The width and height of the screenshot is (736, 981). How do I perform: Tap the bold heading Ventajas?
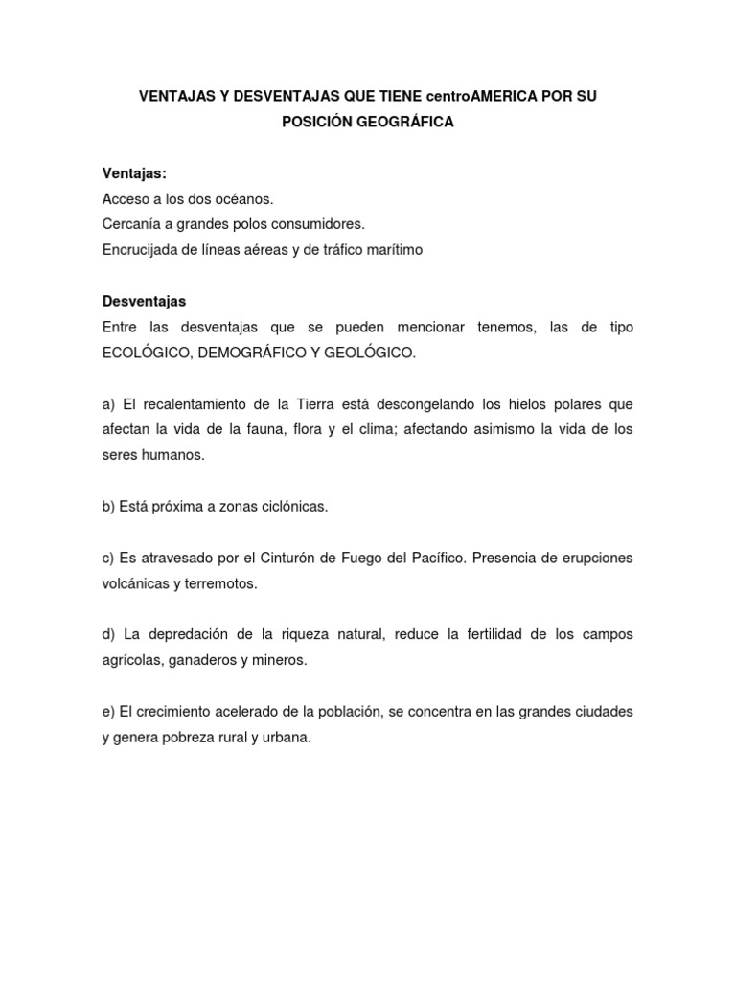(x=134, y=173)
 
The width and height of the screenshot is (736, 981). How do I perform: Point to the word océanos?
(x=244, y=199)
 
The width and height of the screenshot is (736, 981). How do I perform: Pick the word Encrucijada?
(x=140, y=249)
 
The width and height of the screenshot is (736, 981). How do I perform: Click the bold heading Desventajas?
(x=144, y=301)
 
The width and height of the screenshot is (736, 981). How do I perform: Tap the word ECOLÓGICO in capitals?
(x=144, y=353)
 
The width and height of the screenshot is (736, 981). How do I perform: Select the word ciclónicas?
(x=291, y=506)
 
